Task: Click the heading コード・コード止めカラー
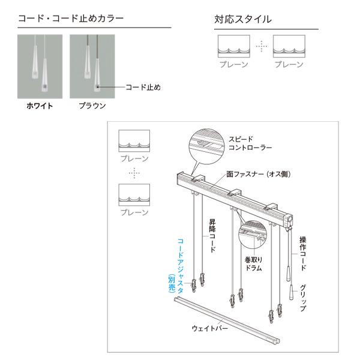coord(71,19)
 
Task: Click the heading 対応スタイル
coord(243,19)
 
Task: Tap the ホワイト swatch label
coord(40,106)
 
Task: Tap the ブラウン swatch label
coord(92,106)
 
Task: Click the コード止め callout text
coord(143,87)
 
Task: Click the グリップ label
coord(303,297)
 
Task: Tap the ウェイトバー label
coord(209,328)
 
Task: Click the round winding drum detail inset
coord(256,236)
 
